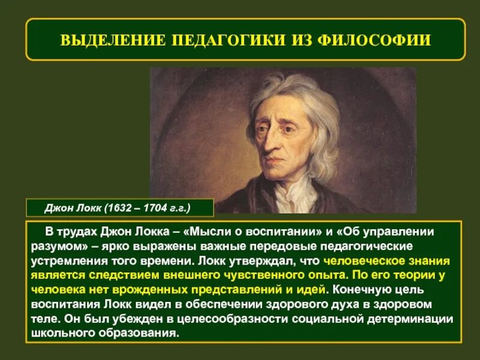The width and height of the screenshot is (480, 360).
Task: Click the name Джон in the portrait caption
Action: coord(58,208)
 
